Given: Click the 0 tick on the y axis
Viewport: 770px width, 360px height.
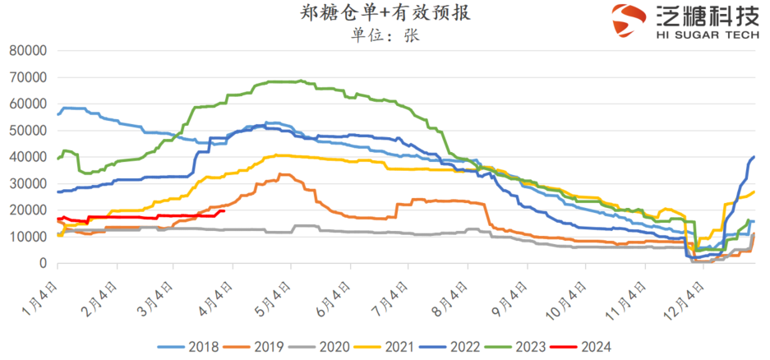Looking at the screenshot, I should tap(42, 264).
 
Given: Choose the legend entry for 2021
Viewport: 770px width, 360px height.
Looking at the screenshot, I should tap(401, 346).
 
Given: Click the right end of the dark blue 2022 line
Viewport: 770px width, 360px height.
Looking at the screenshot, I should tap(754, 157).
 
